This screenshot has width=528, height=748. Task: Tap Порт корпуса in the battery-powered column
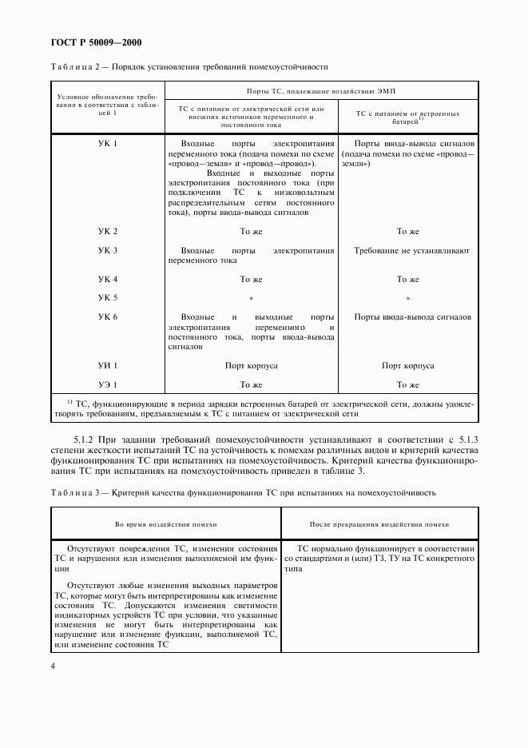coord(407,366)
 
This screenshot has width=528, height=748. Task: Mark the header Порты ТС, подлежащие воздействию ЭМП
coord(320,93)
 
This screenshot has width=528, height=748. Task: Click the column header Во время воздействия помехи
coord(165,523)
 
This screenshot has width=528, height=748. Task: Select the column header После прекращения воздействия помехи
coord(379,523)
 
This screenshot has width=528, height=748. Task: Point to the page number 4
coord(53,665)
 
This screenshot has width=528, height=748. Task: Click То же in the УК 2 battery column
coord(407,232)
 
